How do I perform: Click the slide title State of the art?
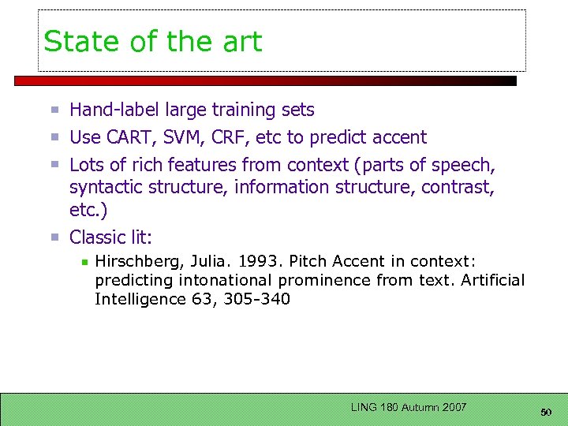pos(153,42)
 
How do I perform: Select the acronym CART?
pos(128,137)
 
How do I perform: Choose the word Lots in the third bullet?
pos(86,165)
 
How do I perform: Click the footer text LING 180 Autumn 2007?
pos(409,407)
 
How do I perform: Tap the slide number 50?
pos(546,411)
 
